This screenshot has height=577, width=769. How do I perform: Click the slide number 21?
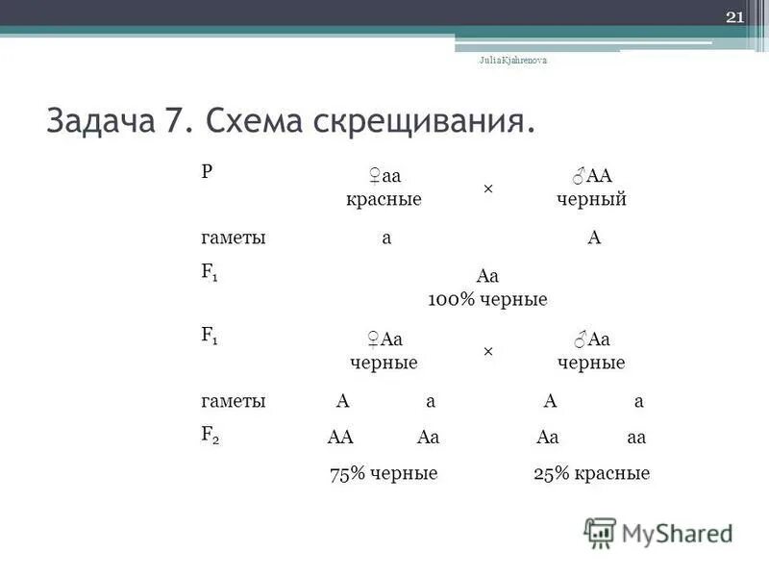pos(734,17)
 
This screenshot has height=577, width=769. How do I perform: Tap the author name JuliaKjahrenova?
pos(513,60)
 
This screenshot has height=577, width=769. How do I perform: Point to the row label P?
pos(207,170)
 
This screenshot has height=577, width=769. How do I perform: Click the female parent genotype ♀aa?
pos(384,176)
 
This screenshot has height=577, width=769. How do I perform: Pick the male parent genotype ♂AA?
pos(591,176)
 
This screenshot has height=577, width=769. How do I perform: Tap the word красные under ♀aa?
pos(384,199)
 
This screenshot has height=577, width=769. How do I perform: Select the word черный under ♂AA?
pos(591,199)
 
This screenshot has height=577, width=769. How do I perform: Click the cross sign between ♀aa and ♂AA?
pos(487,188)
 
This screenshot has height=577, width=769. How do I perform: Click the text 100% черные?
pos(487,299)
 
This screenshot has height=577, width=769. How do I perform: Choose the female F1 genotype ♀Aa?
pos(384,339)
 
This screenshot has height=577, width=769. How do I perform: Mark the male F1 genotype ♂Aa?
pos(591,339)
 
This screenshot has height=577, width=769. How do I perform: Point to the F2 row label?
pos(210,434)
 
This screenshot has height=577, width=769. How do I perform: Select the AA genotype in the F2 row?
pos(341,438)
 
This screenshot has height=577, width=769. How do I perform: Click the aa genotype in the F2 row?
pos(635,438)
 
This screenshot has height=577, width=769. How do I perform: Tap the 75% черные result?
pos(384,473)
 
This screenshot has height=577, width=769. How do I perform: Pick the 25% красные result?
pos(591,473)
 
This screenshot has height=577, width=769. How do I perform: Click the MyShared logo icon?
pos(600,533)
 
